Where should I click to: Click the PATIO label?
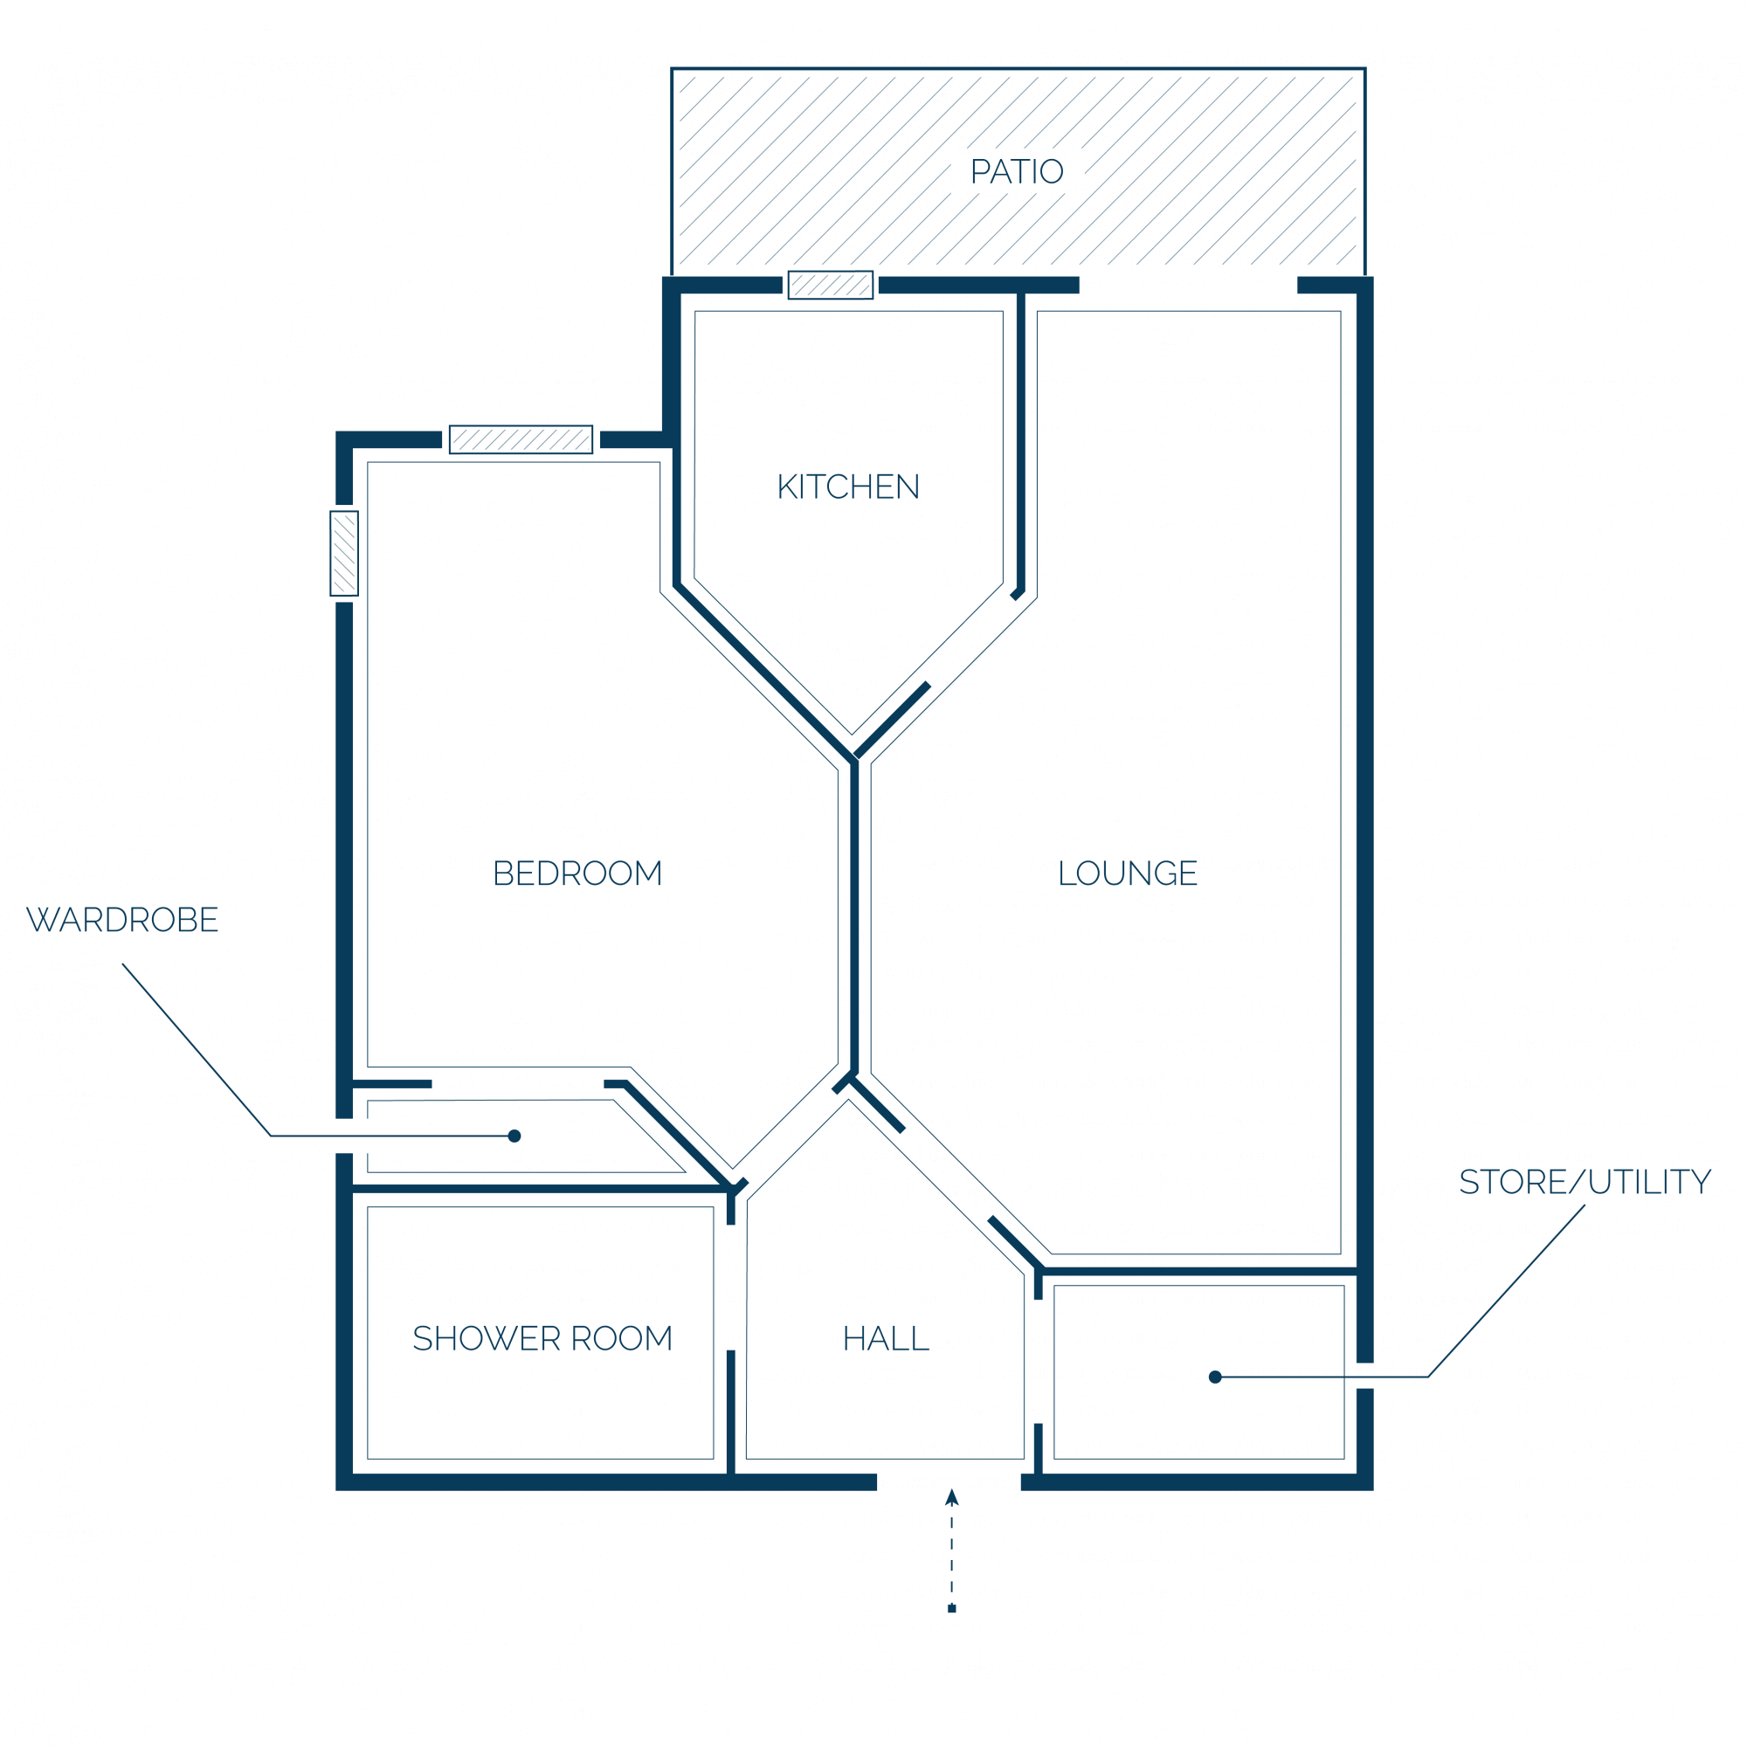1017,172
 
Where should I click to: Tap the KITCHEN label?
848,487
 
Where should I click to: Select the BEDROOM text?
577,873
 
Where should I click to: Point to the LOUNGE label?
1128,873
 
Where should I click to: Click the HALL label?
885,1339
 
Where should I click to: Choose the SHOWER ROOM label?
542,1339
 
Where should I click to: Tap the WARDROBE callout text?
122,921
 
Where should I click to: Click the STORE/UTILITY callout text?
1585,1183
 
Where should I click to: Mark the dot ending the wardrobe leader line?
514,1136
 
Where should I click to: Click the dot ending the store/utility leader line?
1215,1378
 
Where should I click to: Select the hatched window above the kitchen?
830,285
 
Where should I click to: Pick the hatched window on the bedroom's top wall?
521,439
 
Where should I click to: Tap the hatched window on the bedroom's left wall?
344,554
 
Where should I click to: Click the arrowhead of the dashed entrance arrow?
951,1497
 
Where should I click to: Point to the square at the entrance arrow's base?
951,1609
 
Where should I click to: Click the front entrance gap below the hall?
949,1482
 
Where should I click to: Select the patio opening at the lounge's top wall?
1188,286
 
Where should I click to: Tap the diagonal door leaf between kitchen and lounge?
893,721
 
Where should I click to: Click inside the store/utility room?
1199,1372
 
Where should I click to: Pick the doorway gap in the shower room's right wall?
730,1288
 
